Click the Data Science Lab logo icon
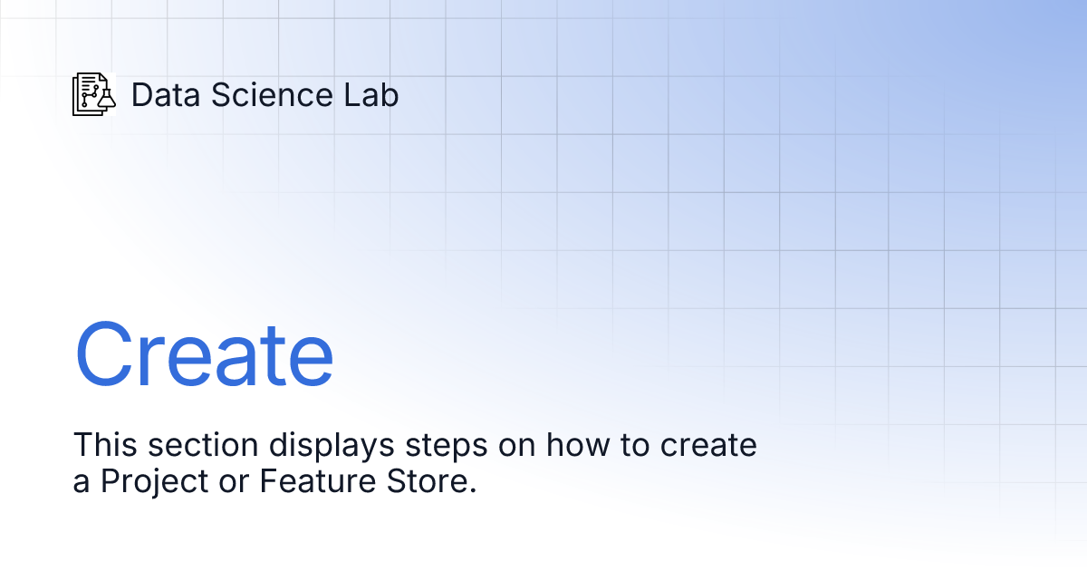pos(94,94)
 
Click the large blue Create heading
pos(204,354)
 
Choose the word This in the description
pos(102,445)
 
